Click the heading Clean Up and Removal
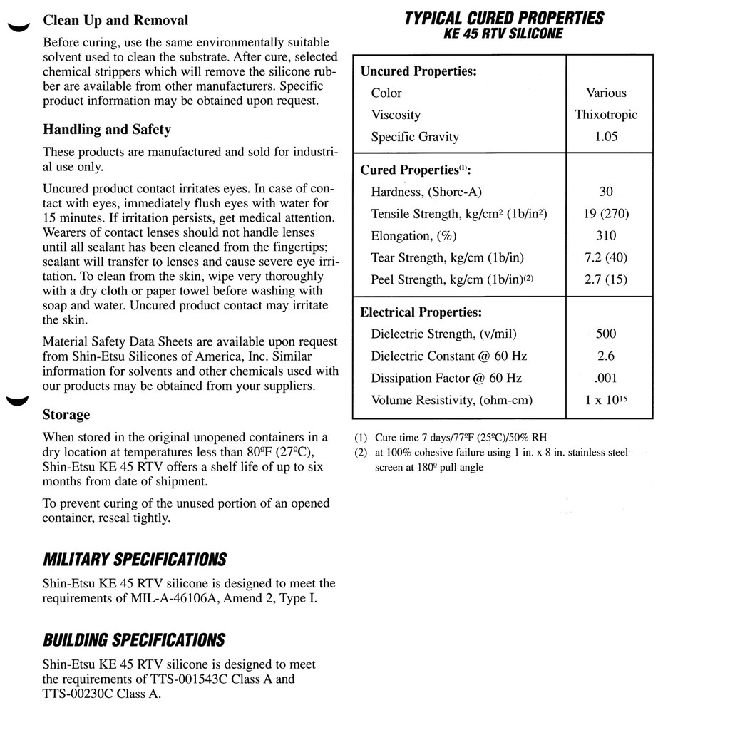(115, 20)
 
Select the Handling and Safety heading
(107, 130)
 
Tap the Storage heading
(66, 414)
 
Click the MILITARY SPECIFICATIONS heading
(135, 559)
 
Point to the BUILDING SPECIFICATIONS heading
(133, 639)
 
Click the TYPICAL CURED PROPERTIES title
(504, 18)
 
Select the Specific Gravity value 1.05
(606, 137)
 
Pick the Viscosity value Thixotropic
(606, 115)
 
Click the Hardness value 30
(606, 191)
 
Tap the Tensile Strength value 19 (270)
(606, 213)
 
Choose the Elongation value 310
(606, 235)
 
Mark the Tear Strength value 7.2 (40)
(606, 257)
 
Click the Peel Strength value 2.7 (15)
(606, 279)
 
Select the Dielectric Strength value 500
(606, 334)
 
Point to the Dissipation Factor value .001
(606, 378)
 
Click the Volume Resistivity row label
(452, 400)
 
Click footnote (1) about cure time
(451, 438)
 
